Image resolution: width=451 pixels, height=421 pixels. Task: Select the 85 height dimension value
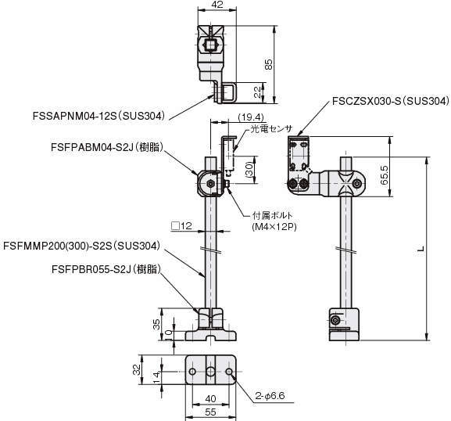point(268,64)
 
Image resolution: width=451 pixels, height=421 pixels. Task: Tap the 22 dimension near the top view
point(258,92)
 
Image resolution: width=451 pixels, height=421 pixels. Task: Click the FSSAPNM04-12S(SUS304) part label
point(99,116)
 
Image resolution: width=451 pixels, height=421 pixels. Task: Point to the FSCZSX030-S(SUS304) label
point(390,101)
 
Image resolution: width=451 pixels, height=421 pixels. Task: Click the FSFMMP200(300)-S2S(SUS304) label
point(81,246)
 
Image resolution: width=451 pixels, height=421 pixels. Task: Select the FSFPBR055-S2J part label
point(106,269)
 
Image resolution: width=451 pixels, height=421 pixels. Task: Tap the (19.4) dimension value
point(251,117)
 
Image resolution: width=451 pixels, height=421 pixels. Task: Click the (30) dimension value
point(249,169)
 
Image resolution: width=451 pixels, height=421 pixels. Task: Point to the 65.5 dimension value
point(384,175)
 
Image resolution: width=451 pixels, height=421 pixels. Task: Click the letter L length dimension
point(421,250)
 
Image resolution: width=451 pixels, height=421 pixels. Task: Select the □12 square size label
point(181,226)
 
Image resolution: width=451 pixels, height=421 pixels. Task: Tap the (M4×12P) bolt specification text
point(274,227)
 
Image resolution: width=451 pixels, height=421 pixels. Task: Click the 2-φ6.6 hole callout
point(270,396)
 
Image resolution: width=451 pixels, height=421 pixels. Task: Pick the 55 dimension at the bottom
point(210,412)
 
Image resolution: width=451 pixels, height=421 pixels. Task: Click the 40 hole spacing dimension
point(211,399)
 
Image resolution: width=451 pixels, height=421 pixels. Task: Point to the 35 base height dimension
point(157,324)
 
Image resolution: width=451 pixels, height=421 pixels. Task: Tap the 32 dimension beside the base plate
point(138,369)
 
